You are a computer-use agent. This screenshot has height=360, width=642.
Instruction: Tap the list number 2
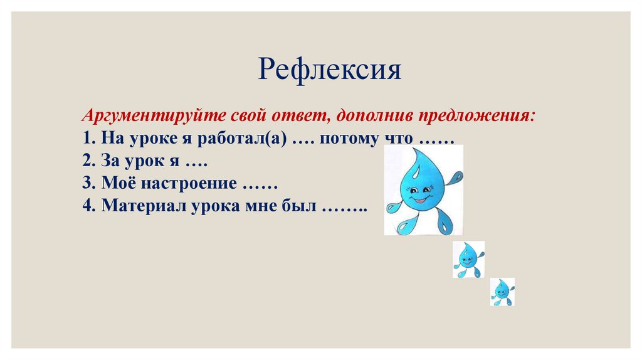pyautogui.click(x=87, y=161)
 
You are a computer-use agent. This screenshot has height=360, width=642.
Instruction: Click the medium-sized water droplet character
pyautogui.click(x=468, y=258)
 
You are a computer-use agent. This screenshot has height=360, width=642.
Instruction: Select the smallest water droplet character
pyautogui.click(x=502, y=291)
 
